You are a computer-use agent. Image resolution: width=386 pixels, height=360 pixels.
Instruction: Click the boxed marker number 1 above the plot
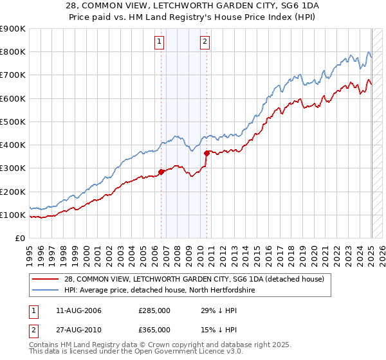(159, 42)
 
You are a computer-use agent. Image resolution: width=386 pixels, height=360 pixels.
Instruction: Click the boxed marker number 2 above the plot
(205, 42)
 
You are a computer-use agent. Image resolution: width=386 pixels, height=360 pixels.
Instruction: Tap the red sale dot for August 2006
(161, 172)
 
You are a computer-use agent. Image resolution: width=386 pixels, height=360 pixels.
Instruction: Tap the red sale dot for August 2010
(207, 153)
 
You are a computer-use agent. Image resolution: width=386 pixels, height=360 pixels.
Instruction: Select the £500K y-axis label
(12, 122)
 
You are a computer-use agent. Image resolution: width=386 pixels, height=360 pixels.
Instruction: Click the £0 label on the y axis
(19, 239)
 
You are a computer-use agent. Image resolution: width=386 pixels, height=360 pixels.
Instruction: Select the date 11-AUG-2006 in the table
(75, 311)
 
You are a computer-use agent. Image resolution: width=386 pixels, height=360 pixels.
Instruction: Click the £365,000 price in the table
(154, 329)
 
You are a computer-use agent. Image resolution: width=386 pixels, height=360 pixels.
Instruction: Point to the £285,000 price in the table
(154, 311)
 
